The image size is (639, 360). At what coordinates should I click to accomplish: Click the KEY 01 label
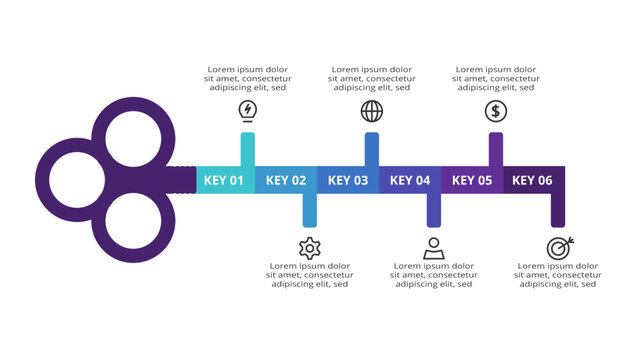pyautogui.click(x=224, y=181)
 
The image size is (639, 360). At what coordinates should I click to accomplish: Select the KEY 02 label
pyautogui.click(x=286, y=181)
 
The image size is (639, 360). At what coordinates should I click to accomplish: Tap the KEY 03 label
pyautogui.click(x=348, y=181)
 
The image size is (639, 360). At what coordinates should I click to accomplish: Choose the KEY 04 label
pyautogui.click(x=410, y=181)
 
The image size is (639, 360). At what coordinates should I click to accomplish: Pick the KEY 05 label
pyautogui.click(x=472, y=181)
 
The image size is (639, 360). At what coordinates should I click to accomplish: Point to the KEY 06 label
pyautogui.click(x=532, y=181)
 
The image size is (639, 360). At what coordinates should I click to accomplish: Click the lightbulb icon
pyautogui.click(x=247, y=110)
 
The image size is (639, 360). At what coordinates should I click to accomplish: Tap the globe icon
pyautogui.click(x=371, y=111)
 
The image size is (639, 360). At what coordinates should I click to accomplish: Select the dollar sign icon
pyautogui.click(x=495, y=111)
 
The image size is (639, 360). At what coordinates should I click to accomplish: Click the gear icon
pyautogui.click(x=309, y=248)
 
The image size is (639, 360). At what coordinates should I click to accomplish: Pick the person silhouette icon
pyautogui.click(x=433, y=248)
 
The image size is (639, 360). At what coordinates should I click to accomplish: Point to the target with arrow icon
pyautogui.click(x=558, y=248)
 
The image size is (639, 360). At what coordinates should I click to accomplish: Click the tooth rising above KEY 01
pyautogui.click(x=247, y=148)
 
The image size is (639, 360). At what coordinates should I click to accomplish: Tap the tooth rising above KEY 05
pyautogui.click(x=495, y=148)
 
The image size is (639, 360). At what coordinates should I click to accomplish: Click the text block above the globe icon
pyautogui.click(x=372, y=79)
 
